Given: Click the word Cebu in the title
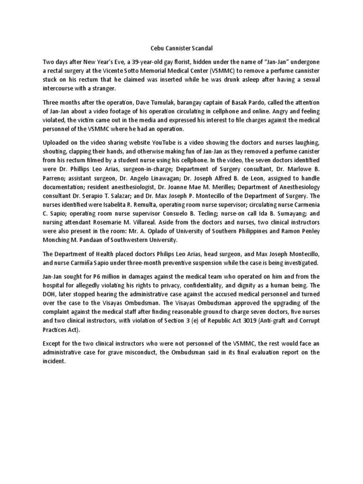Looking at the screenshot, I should (151, 48).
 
